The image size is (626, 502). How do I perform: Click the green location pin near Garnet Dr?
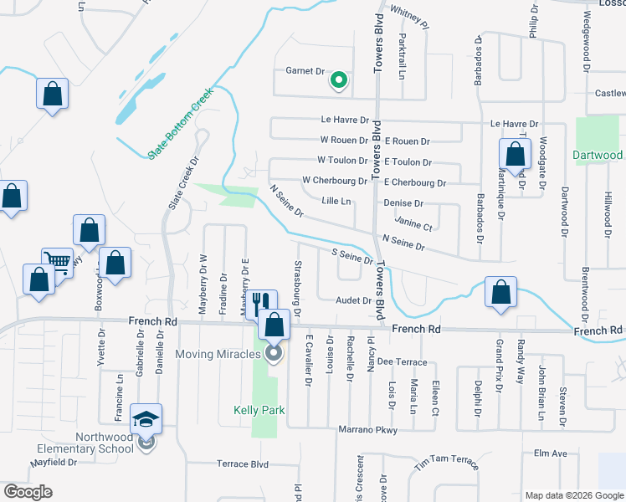[339, 80]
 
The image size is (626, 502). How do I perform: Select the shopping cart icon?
[58, 260]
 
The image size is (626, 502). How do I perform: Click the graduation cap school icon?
[146, 418]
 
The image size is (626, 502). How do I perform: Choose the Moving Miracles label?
[219, 354]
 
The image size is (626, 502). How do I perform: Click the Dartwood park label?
[598, 155]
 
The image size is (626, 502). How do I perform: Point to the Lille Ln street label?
[336, 202]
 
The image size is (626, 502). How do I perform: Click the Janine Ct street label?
[413, 225]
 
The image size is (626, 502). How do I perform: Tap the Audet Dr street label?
[353, 300]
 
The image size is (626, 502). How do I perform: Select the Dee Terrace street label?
[402, 361]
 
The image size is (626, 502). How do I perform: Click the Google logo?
[28, 492]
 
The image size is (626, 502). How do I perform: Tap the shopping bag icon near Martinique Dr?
[514, 154]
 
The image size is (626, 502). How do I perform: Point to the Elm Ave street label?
[551, 453]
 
